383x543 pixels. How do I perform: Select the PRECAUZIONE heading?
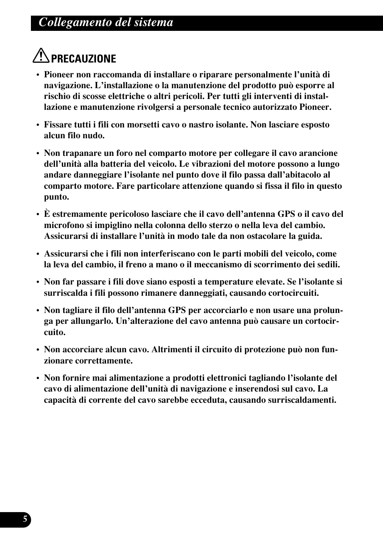click(84, 59)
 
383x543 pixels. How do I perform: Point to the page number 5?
click(25, 520)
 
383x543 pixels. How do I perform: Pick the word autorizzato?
click(272, 107)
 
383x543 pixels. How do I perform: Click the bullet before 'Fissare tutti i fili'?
click(38, 125)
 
